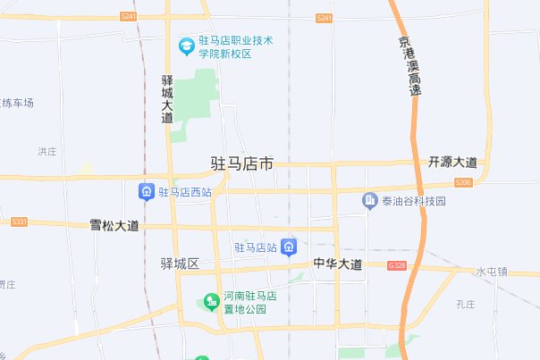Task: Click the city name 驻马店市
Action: (x=241, y=164)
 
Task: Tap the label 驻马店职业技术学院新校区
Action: (x=235, y=47)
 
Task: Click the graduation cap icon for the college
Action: (x=186, y=44)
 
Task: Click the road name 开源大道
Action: (x=452, y=163)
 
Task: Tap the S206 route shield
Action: (x=462, y=182)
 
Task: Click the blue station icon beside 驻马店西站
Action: (x=145, y=191)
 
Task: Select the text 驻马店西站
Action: (x=184, y=191)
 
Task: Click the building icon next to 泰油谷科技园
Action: (x=368, y=202)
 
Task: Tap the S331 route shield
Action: (x=19, y=221)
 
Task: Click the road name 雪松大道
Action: (x=114, y=225)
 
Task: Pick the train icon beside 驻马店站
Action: (x=289, y=247)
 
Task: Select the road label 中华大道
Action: (x=338, y=264)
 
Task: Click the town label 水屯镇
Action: (x=491, y=272)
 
